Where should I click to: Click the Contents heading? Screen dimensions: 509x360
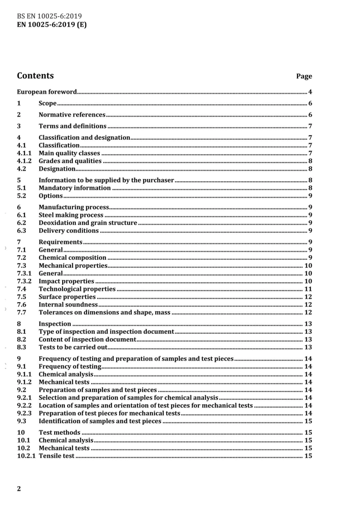(x=35, y=76)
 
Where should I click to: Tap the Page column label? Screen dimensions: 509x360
(x=304, y=76)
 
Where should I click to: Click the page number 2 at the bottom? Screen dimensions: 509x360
(x=19, y=489)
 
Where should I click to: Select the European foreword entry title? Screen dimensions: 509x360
(x=47, y=92)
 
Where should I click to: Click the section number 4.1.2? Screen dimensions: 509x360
(x=24, y=161)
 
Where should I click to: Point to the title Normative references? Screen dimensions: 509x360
(x=72, y=115)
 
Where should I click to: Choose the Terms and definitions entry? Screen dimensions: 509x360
(x=72, y=126)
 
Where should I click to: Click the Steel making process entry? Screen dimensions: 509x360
(x=71, y=215)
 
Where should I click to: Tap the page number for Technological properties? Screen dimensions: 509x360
(x=308, y=289)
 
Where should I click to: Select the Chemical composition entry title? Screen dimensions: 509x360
(x=72, y=258)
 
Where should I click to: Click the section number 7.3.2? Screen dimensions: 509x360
(x=24, y=281)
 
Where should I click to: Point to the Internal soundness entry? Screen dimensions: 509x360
(x=68, y=304)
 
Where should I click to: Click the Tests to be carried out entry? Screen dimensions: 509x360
(x=73, y=347)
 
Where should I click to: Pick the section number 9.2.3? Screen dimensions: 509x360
(x=24, y=413)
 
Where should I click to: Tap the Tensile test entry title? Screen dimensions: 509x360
(x=56, y=456)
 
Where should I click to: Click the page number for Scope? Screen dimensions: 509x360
(x=310, y=103)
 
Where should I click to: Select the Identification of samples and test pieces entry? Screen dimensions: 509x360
(x=100, y=421)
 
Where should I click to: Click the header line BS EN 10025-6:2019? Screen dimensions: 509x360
(x=49, y=16)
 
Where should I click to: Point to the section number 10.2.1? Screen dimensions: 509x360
(x=26, y=456)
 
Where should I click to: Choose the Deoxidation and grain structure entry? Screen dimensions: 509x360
(x=88, y=223)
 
